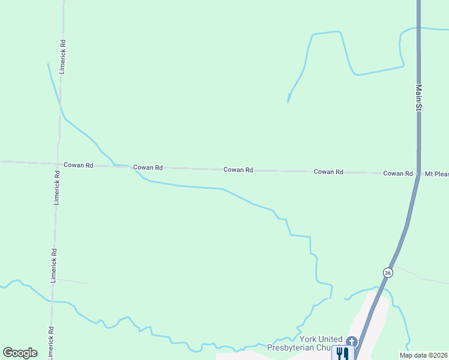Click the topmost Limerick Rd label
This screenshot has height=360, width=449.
point(62,56)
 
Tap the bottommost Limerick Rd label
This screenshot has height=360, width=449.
point(51,340)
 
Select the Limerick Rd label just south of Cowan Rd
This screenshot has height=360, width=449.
point(57,188)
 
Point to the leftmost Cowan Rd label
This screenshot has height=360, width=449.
point(78,165)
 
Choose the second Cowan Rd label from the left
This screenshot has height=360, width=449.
point(148,167)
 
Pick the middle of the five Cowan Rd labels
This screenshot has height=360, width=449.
point(238,170)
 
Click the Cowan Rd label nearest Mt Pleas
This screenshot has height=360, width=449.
point(398,173)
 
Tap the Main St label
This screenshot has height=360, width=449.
point(419,97)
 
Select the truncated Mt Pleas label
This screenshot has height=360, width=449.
point(436,173)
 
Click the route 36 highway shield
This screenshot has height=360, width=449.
point(388,272)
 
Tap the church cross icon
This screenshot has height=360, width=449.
point(351,341)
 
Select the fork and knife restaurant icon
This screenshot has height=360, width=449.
point(342,353)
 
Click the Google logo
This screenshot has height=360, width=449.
point(20,353)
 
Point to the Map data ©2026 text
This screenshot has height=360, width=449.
point(423,355)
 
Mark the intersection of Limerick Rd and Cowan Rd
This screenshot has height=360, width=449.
point(59,163)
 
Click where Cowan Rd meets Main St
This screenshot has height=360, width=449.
point(418,173)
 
